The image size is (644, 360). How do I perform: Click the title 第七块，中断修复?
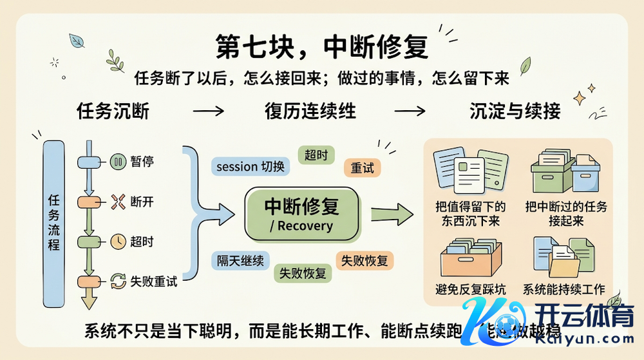[x=321, y=47]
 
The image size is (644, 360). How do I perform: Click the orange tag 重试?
[x=362, y=167]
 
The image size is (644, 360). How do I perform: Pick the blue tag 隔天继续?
[x=240, y=261]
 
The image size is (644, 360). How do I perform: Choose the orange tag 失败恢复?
[x=365, y=260]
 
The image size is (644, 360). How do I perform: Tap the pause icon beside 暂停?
[x=118, y=162]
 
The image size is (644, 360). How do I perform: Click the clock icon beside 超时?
[x=118, y=242]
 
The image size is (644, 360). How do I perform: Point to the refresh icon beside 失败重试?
[x=118, y=281]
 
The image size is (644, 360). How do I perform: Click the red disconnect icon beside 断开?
[x=118, y=202]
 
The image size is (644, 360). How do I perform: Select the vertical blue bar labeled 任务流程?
[x=54, y=222]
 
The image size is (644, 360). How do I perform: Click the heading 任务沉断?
[x=113, y=111]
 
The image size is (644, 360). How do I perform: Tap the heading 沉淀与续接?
[x=515, y=111]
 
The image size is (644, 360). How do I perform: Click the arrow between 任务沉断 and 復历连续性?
[x=208, y=111]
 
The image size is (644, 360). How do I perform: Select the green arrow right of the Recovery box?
[x=391, y=214]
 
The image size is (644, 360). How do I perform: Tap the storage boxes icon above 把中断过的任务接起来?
[x=565, y=171]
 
